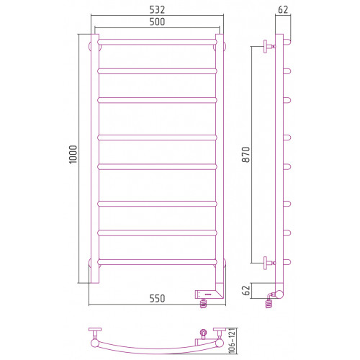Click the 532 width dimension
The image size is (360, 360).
pos(157,10)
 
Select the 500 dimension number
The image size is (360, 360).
pos(157,22)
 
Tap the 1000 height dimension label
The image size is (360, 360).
pos(73,154)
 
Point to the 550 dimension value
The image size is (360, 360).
pos(157,299)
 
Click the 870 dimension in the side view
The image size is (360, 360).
pos(246,155)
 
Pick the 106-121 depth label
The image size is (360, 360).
pos(232,341)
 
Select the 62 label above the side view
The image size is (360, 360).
pos(283,10)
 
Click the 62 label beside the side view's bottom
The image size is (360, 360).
pos(246,290)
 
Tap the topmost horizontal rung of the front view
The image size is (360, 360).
pos(157,42)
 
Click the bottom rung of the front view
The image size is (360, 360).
pos(157,262)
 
